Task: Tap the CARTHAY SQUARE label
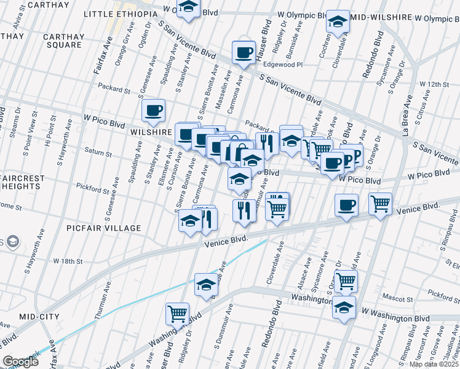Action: pos(63,41)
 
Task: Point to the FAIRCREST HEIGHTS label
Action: pos(22,183)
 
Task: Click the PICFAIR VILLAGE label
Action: pos(104,228)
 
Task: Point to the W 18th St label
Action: pos(68,261)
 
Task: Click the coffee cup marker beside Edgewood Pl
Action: pos(244,52)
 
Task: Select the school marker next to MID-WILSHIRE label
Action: pos(338,22)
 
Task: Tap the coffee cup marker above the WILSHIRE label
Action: pos(153,110)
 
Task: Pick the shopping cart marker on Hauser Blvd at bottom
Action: pos(177,313)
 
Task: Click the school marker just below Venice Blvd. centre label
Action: pos(206,284)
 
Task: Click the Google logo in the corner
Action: pos(20,362)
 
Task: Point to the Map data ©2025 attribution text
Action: pos(434,364)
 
